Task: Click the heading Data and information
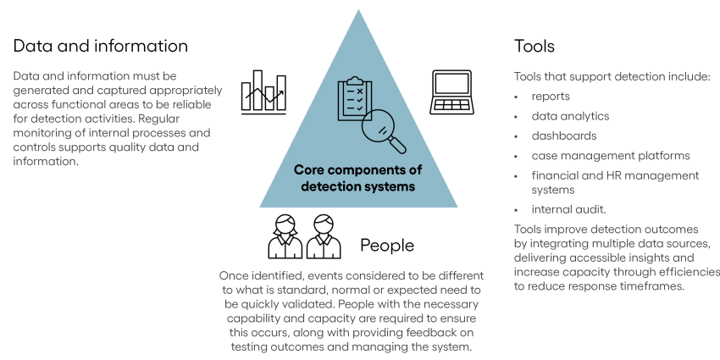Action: tap(101, 45)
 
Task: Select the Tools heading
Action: tap(534, 45)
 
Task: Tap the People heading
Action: tap(387, 246)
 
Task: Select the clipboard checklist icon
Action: tap(352, 101)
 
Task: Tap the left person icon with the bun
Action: tap(285, 236)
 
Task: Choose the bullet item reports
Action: tap(551, 97)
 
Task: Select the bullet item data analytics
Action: tap(570, 116)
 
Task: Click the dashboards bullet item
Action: tap(564, 136)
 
